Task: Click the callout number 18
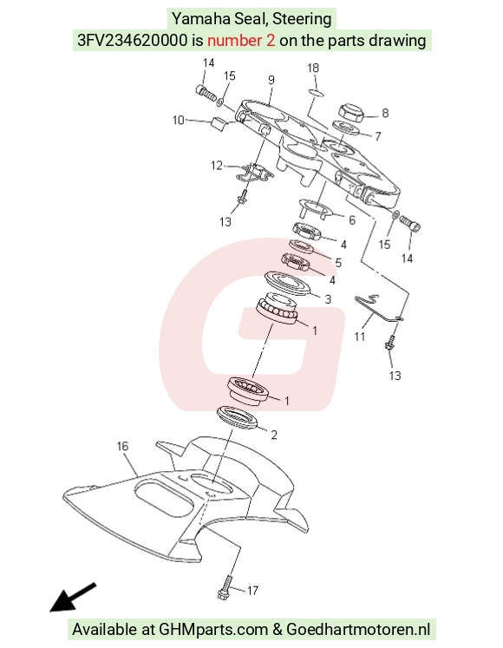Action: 313,68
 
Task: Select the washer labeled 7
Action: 345,128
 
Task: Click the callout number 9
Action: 271,80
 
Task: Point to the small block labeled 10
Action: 219,123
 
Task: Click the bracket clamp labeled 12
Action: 254,173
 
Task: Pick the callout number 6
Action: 352,219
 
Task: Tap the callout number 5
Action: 338,263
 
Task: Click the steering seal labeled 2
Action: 238,418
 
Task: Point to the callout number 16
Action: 123,447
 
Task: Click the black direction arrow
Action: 73,597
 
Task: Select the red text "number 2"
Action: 241,41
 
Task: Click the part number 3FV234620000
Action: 133,41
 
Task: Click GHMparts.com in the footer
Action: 213,630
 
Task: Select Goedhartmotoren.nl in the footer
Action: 358,630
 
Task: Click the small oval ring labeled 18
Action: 316,93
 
